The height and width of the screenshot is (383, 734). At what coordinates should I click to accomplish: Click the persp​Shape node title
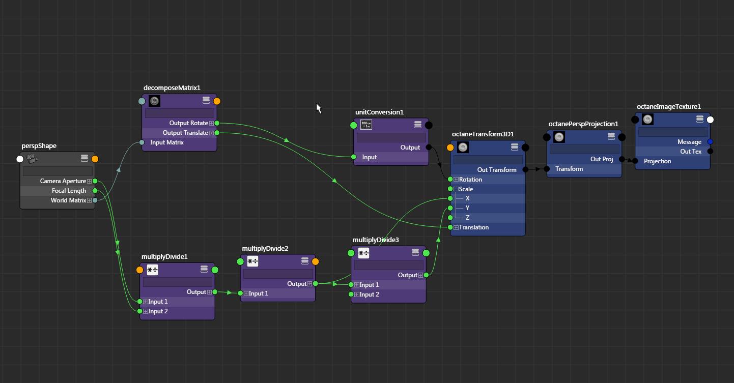39,146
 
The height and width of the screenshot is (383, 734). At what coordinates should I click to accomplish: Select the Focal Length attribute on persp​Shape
69,191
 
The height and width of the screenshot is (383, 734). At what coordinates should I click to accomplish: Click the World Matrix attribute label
68,200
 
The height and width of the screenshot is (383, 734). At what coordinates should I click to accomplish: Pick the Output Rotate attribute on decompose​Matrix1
188,123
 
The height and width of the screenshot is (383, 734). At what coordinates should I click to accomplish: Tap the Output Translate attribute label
185,133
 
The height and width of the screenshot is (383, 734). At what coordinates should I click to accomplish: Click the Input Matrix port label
167,142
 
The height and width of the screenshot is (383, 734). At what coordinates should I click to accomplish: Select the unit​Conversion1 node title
379,112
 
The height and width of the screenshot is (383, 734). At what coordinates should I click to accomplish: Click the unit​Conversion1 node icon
366,125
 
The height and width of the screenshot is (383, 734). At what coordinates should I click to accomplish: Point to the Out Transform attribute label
497,170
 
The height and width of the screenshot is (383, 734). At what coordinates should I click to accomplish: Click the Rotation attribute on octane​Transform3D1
470,180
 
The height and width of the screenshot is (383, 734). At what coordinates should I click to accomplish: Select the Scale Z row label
467,218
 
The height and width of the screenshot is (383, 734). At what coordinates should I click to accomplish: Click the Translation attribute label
473,227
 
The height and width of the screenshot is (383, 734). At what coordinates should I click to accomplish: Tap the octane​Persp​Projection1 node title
583,124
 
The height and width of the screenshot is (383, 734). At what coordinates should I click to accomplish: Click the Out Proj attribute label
602,159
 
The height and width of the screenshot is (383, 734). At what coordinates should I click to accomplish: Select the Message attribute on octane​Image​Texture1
689,142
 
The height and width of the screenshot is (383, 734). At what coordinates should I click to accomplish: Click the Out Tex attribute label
691,152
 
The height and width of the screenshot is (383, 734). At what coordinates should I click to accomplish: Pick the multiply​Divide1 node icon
152,270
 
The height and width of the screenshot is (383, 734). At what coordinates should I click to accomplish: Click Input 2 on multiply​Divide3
369,294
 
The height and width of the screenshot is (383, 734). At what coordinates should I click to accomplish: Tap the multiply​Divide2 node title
265,249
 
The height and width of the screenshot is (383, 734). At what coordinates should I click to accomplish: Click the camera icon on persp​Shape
33,159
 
